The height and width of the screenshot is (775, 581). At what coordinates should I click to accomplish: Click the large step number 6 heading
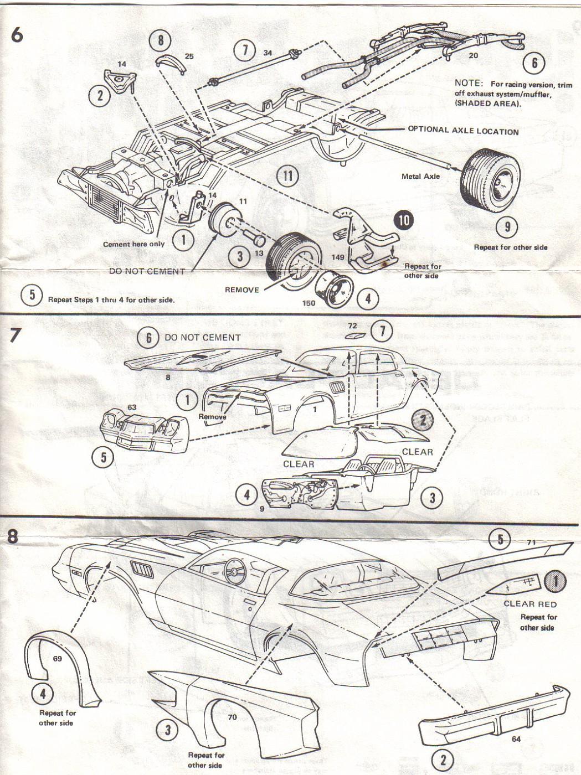coord(17,35)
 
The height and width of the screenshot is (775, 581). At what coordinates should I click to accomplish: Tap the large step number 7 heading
coord(16,335)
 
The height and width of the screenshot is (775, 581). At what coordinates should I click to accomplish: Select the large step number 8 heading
coord(13,535)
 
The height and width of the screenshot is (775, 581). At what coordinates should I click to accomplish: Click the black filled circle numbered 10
coord(404,220)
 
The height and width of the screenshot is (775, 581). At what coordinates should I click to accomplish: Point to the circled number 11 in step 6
coord(288,176)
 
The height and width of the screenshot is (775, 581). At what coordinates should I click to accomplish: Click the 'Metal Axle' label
coord(420,177)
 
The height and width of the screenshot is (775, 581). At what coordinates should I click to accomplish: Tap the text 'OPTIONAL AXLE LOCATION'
coord(463,131)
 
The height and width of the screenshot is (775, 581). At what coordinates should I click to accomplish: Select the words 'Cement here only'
coord(133,244)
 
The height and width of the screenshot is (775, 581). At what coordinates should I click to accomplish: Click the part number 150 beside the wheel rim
coord(309,303)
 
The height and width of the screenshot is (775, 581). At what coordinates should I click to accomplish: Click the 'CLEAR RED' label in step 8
coord(529,604)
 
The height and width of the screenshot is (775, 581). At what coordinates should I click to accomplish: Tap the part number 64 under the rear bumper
coord(516,739)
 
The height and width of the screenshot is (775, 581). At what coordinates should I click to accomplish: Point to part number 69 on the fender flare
coord(58,659)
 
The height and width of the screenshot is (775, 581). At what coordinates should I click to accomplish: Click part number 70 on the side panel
coord(232,717)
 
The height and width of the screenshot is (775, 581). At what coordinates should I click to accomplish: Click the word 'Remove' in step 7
coord(212,417)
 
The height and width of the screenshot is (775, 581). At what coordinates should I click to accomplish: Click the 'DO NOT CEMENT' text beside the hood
coord(202,337)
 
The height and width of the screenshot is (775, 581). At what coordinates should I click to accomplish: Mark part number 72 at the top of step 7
coord(353,326)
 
